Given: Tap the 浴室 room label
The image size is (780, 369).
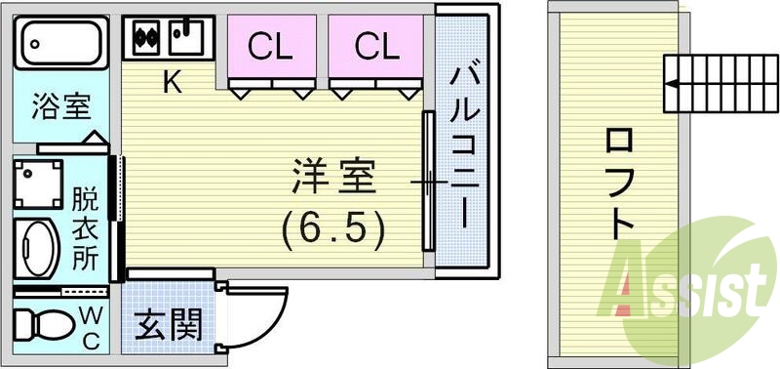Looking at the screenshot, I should click(x=61, y=105).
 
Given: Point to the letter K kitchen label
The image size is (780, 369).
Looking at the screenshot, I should click(x=172, y=83).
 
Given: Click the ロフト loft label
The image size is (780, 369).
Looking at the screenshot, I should click(x=620, y=185).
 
